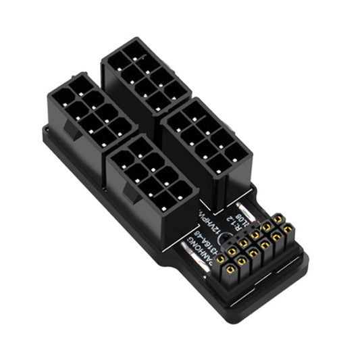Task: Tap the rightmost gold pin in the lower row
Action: point(288,230)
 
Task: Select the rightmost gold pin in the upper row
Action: point(277,218)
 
